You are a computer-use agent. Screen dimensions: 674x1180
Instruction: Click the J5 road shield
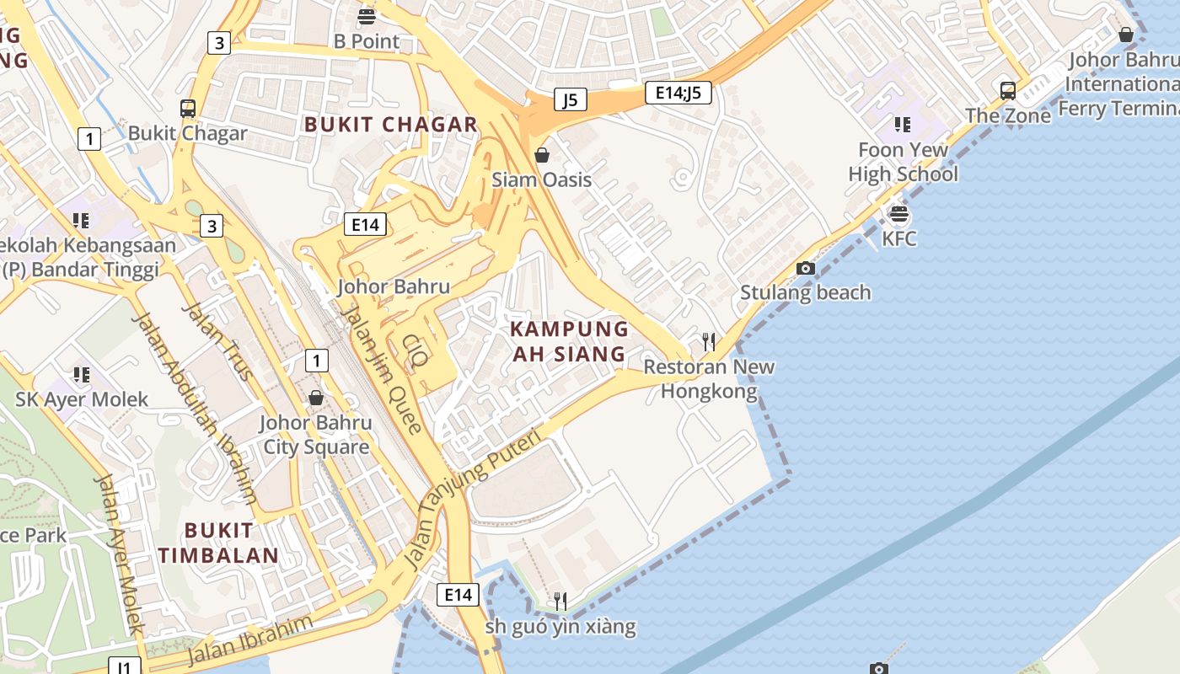571,100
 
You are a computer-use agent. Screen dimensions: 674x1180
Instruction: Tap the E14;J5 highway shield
678,92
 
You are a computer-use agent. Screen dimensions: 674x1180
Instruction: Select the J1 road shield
124,667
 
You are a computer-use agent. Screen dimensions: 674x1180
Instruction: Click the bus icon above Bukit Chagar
188,108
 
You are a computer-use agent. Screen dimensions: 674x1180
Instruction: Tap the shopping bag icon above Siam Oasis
542,155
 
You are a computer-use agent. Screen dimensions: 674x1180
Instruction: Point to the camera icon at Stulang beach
806,268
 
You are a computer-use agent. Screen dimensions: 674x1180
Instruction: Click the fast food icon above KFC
899,214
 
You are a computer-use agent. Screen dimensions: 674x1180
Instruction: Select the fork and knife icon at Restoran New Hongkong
709,341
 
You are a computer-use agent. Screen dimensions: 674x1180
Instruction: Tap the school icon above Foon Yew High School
903,125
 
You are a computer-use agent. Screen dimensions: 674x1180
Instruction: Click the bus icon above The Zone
1007,90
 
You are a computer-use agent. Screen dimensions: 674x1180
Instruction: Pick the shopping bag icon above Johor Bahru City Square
316,397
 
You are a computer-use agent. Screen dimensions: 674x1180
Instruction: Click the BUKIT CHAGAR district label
391,125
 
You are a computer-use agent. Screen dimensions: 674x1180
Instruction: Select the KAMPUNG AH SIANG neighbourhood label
570,341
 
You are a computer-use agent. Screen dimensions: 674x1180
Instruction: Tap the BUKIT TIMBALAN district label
218,543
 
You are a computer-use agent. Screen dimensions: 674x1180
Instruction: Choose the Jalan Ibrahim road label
249,640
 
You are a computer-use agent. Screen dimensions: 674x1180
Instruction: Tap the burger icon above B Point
366,16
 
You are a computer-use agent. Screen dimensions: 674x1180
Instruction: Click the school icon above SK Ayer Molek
81,374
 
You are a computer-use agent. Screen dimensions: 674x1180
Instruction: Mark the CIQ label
415,351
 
